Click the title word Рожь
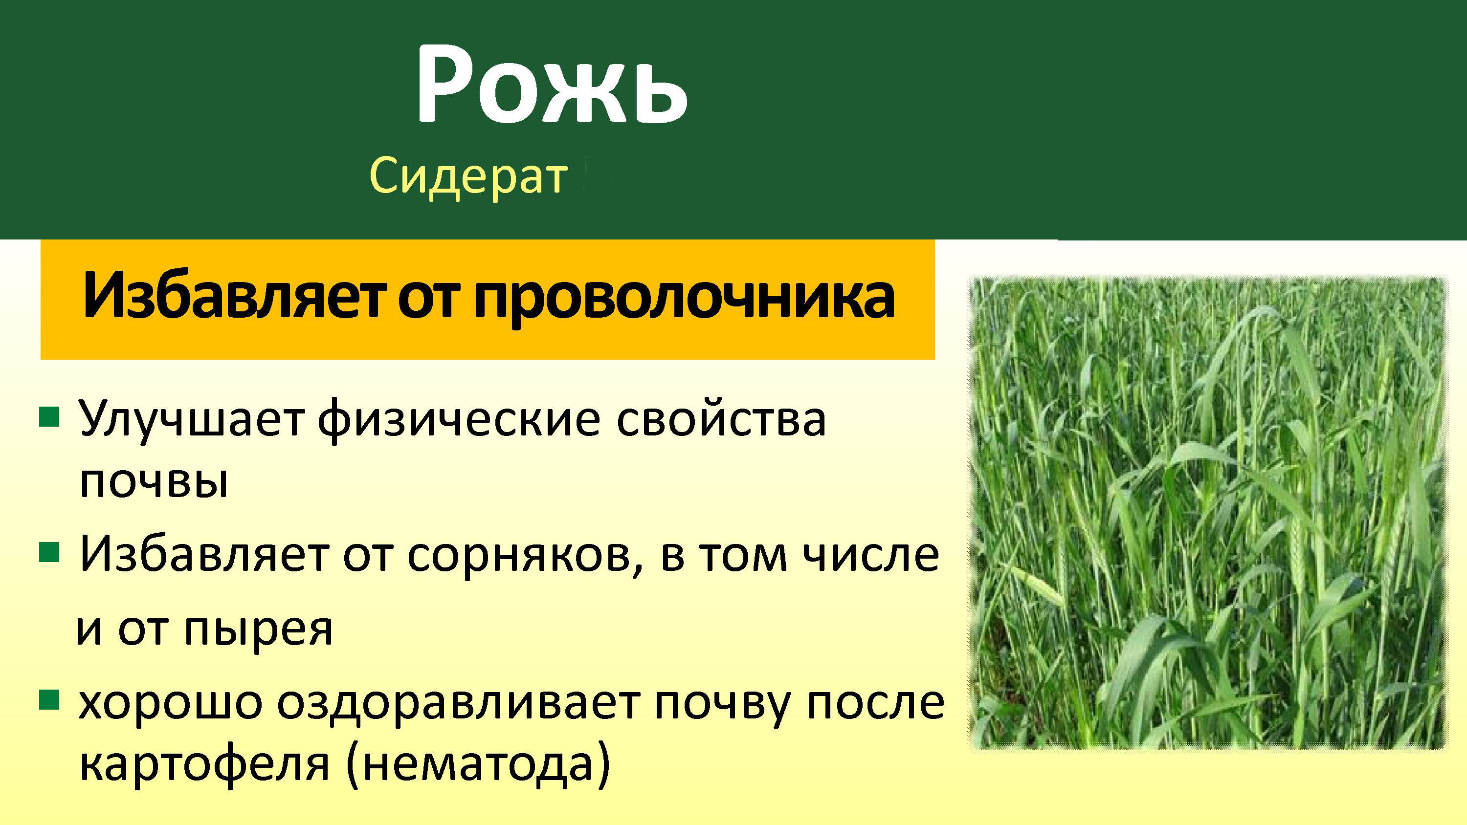tap(551, 86)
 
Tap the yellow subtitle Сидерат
tap(468, 176)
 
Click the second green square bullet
tap(49, 552)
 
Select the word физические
tap(459, 420)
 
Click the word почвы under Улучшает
tap(154, 484)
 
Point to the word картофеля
tap(204, 765)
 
